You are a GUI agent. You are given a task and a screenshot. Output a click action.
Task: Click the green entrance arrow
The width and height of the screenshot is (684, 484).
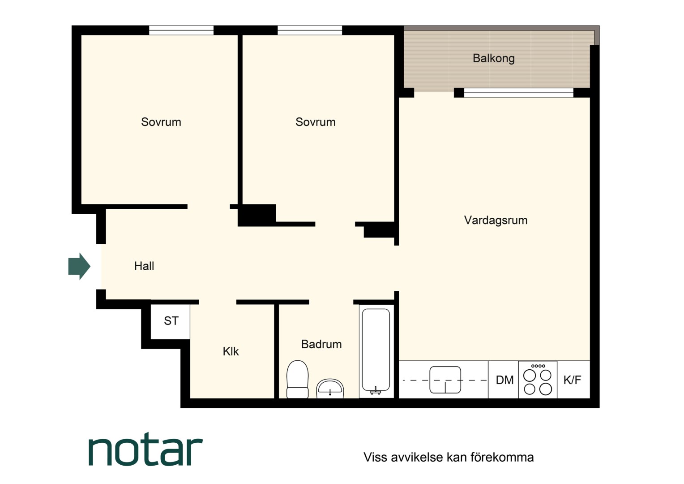[x=79, y=266]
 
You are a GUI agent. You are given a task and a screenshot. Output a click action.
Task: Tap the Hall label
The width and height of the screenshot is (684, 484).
[x=144, y=266]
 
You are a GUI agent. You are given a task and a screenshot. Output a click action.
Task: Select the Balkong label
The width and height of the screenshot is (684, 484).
[x=494, y=58]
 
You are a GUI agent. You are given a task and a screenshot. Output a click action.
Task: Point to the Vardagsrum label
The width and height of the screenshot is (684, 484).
[x=496, y=220]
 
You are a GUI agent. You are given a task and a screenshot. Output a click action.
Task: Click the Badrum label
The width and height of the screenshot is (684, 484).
[x=321, y=344]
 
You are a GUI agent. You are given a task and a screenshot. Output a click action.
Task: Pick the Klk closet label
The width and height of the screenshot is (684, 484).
[x=231, y=352]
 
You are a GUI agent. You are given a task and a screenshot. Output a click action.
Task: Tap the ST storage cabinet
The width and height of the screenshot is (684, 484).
[x=171, y=321]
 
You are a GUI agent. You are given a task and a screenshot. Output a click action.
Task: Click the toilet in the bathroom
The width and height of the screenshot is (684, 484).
[x=297, y=380]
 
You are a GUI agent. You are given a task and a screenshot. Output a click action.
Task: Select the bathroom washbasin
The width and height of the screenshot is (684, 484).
[x=330, y=389]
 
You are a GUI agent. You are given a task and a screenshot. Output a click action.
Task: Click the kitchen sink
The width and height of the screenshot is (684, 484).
[x=445, y=380]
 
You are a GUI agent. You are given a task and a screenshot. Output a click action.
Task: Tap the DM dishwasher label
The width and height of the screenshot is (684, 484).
[x=504, y=380]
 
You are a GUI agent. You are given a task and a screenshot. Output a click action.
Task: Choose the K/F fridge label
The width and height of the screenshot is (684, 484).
[x=572, y=380]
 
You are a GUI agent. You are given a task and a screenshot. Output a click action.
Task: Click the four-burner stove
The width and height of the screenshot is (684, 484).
[x=538, y=380]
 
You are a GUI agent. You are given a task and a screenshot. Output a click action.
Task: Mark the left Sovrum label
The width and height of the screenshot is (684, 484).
[x=161, y=122]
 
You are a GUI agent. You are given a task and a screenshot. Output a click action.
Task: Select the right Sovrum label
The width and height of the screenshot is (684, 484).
[x=316, y=122]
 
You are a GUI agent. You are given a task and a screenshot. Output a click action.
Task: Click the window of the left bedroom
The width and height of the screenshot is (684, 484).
[x=181, y=30]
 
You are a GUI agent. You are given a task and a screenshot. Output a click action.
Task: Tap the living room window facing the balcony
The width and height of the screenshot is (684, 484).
[x=519, y=93]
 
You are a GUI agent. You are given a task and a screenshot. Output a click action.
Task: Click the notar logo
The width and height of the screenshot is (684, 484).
[x=145, y=449]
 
